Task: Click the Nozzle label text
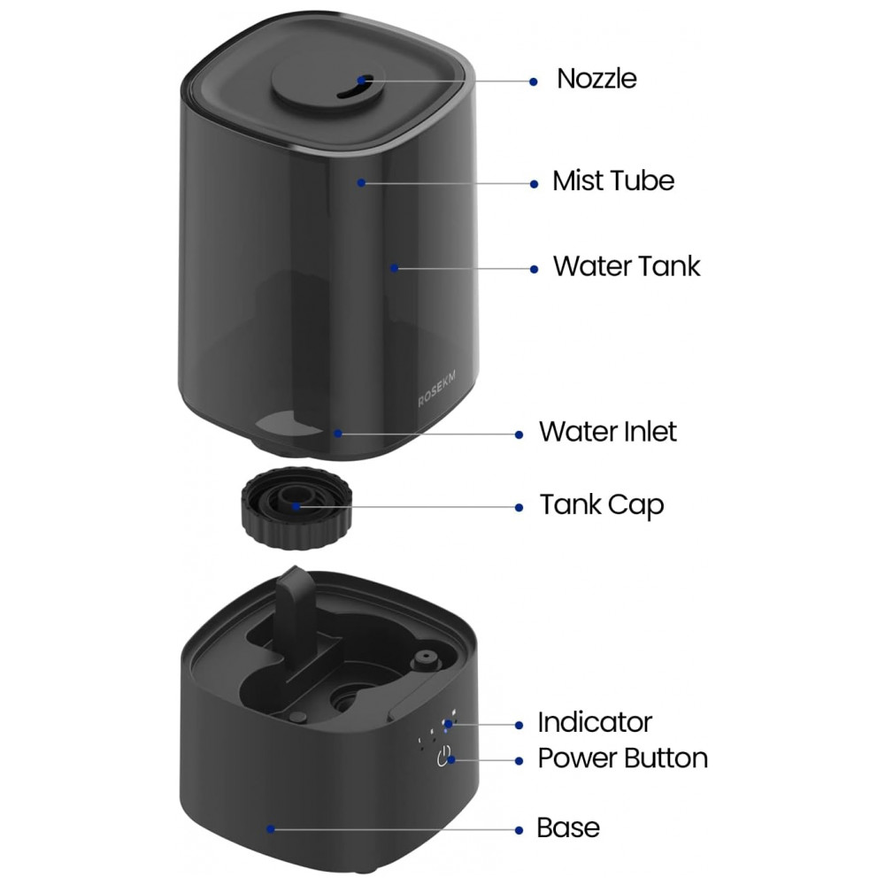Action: [596, 79]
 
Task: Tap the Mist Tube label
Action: [613, 181]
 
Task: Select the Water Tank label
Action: [627, 265]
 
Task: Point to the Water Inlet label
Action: [607, 432]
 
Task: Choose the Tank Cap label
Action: [602, 505]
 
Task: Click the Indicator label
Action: [595, 722]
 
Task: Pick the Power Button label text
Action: [622, 758]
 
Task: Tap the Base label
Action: [568, 828]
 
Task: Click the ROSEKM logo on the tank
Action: [436, 389]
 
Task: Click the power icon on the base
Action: [444, 757]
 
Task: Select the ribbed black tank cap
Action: [296, 506]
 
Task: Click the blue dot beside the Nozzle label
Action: [534, 81]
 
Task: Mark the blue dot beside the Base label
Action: [519, 830]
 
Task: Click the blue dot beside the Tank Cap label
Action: [519, 507]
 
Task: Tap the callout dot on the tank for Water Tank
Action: [395, 268]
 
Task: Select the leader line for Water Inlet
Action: [428, 434]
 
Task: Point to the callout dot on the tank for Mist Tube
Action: [361, 183]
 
